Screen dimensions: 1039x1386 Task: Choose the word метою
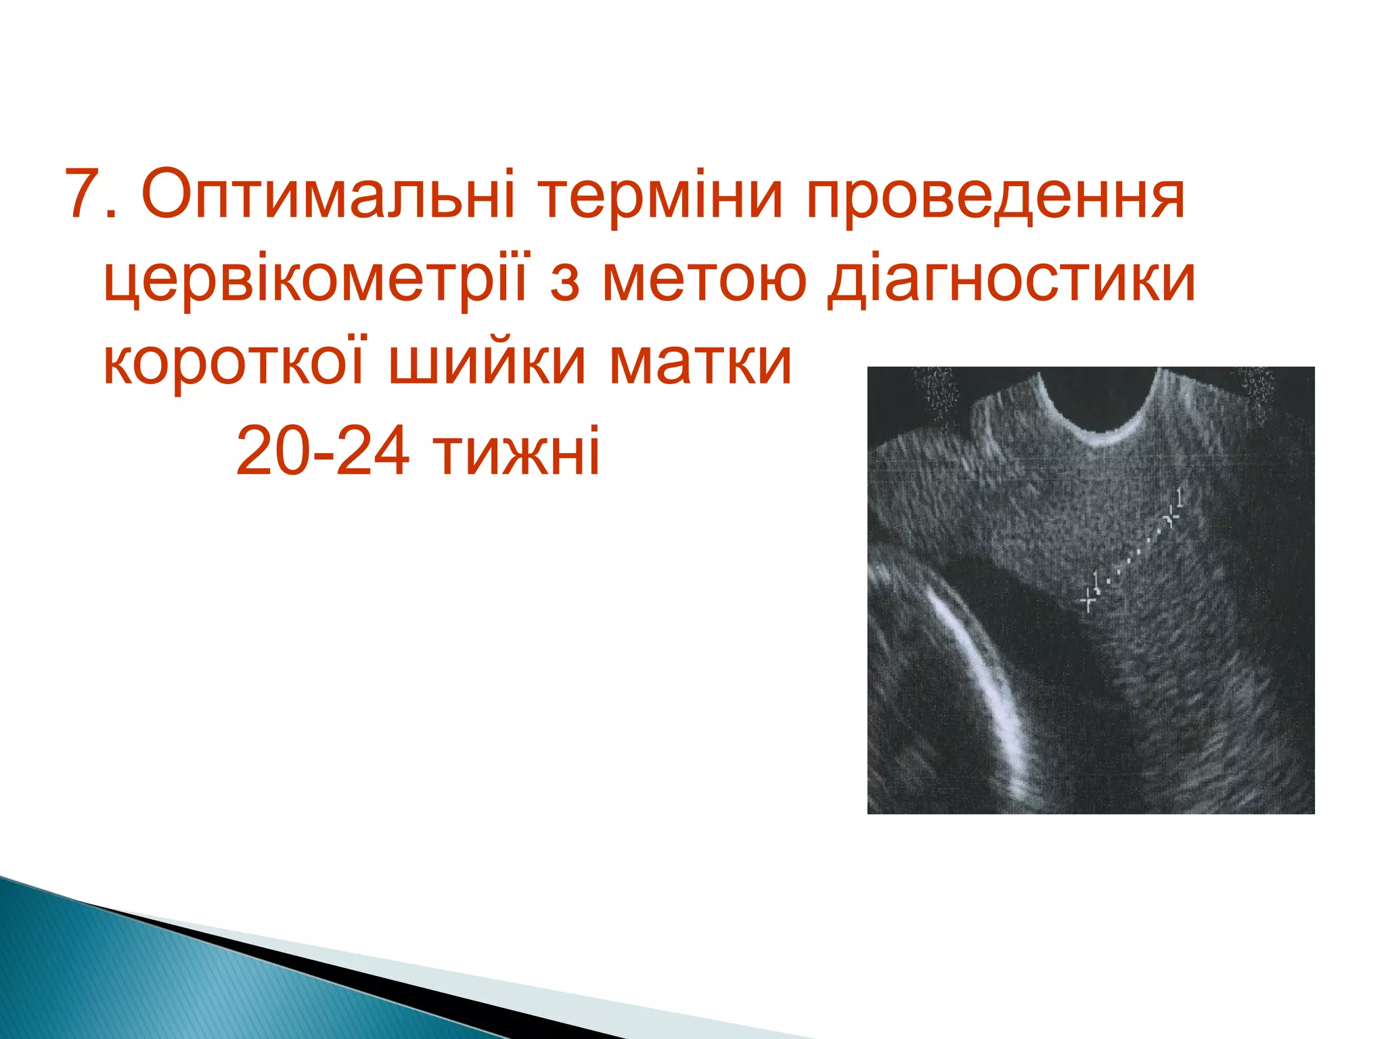704,280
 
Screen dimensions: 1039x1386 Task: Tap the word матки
700,363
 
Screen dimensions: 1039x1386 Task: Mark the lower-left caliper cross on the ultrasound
1088,599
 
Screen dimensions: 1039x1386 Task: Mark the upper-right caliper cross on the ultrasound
1171,517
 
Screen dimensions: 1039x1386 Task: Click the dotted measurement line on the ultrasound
1130,559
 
